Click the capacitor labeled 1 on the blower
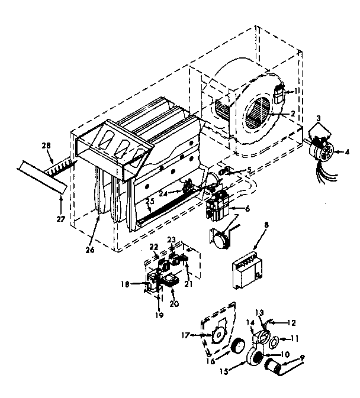point(279,94)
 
